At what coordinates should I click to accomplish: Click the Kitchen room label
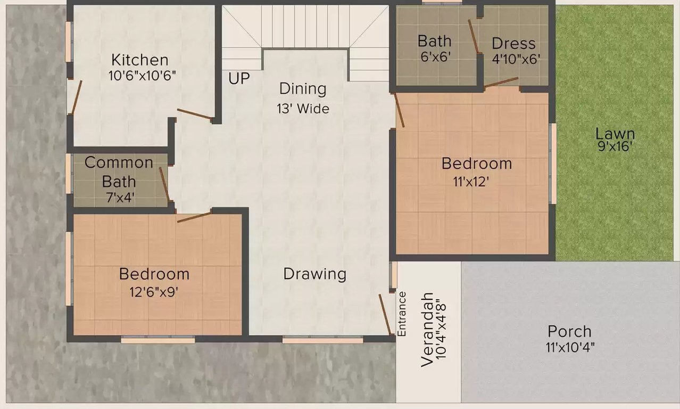point(140,60)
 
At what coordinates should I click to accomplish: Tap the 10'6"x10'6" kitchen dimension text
point(142,75)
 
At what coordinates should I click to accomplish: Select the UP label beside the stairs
point(239,78)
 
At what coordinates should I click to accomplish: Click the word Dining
point(303,88)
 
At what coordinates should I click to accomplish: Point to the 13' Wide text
point(303,109)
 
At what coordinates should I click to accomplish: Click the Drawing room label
point(314,274)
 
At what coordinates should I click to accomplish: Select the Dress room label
point(513,43)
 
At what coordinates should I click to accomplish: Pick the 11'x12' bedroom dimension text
point(471,181)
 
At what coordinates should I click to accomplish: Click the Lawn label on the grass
point(615,134)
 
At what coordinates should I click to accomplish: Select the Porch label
point(569,332)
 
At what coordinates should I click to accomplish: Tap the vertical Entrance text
point(402,314)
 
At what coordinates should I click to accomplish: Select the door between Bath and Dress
point(473,37)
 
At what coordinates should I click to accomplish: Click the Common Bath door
point(164,184)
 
